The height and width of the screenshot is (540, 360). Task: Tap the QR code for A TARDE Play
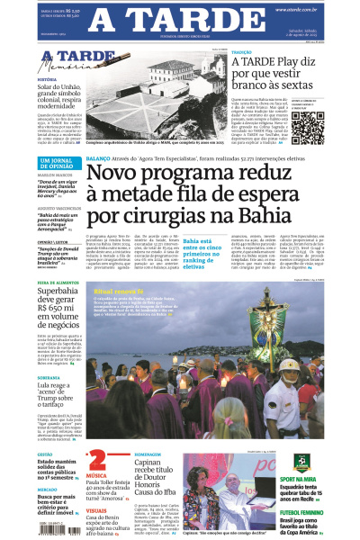click(x=332, y=125)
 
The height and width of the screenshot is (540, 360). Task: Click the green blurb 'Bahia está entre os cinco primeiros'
click(x=204, y=255)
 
